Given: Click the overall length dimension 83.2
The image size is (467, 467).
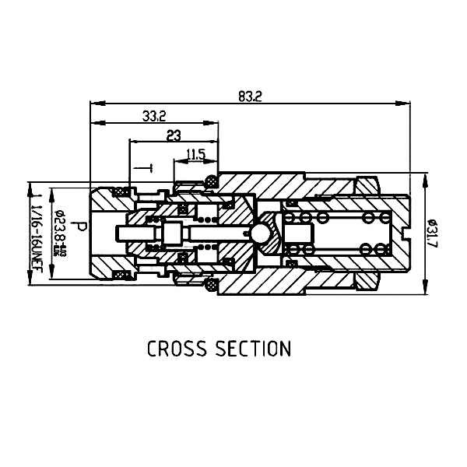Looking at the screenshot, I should (251, 97).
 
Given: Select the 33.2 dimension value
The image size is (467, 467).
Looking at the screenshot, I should (154, 117).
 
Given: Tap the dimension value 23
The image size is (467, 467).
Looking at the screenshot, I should (174, 135).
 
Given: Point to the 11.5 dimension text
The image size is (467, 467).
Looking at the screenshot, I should (195, 155).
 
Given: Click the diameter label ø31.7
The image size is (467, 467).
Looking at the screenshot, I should (434, 234).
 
